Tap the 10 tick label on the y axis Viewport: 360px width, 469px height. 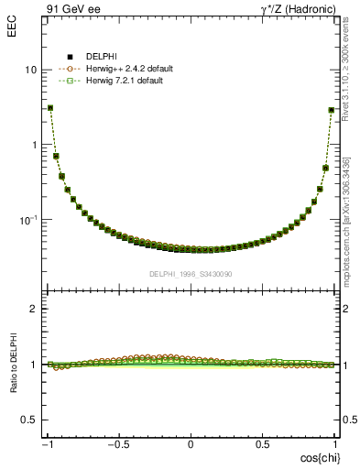tap(30, 71)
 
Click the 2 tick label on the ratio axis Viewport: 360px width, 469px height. tap(34, 310)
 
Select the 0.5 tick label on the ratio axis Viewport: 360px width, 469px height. tap(28, 420)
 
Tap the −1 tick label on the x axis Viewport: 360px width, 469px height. tap(48, 444)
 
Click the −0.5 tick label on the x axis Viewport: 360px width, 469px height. tap(117, 444)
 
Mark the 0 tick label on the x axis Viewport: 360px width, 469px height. tap(191, 444)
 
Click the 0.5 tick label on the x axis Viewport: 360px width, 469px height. tap(263, 444)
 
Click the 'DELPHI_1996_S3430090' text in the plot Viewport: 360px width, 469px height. tap(191, 274)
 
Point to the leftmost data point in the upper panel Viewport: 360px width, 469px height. tap(49, 107)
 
